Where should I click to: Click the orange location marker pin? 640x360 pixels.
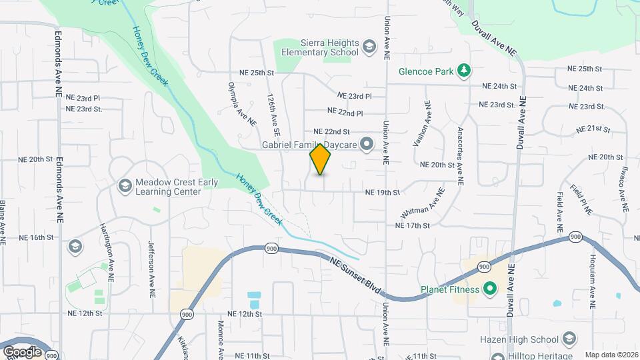click(320, 159)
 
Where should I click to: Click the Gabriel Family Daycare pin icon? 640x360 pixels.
click(366, 143)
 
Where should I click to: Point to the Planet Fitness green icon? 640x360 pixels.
click(490, 289)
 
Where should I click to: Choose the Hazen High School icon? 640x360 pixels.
click(568, 339)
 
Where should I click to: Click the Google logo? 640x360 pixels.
click(22, 351)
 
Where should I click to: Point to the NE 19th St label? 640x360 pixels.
click(382, 193)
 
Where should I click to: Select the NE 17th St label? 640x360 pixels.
click(413, 226)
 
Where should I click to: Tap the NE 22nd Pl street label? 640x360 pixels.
click(345, 112)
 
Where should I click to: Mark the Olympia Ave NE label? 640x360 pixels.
click(242, 104)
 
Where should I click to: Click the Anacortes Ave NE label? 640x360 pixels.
click(459, 156)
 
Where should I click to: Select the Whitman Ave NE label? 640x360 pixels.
click(423, 203)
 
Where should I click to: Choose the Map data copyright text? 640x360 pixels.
click(611, 355)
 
